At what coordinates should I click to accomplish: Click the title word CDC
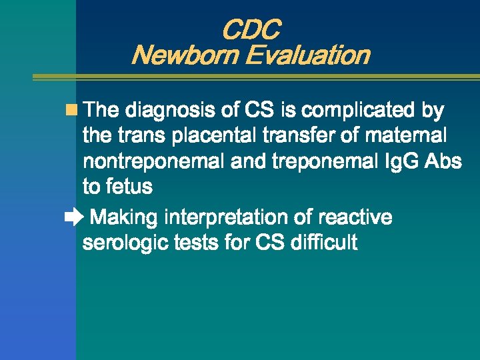250,30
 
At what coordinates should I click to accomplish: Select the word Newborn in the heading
185,55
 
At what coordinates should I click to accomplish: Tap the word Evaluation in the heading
307,55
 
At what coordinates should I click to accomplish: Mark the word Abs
445,162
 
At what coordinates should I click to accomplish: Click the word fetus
127,187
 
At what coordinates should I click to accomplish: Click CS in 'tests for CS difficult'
269,243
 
